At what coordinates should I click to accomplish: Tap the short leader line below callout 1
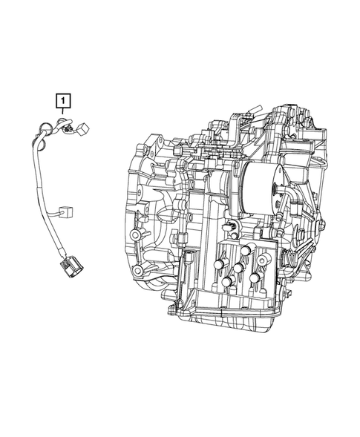pyautogui.click(x=65, y=111)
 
